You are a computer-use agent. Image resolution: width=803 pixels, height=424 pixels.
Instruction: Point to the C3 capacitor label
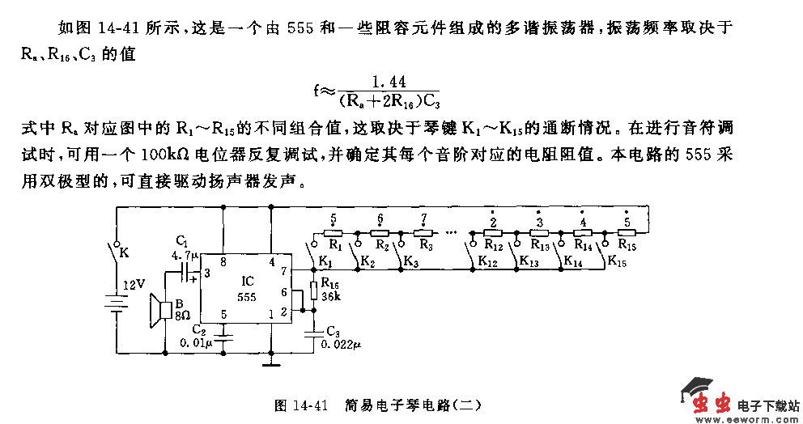pyautogui.click(x=331, y=331)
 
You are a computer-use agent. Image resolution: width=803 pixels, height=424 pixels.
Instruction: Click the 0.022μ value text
pyautogui.click(x=341, y=344)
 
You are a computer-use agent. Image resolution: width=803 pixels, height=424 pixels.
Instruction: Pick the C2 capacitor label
pyautogui.click(x=198, y=329)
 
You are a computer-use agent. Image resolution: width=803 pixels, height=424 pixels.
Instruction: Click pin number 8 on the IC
pyautogui.click(x=223, y=261)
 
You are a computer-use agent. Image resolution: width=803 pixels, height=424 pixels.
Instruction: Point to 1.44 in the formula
pyautogui.click(x=388, y=82)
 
